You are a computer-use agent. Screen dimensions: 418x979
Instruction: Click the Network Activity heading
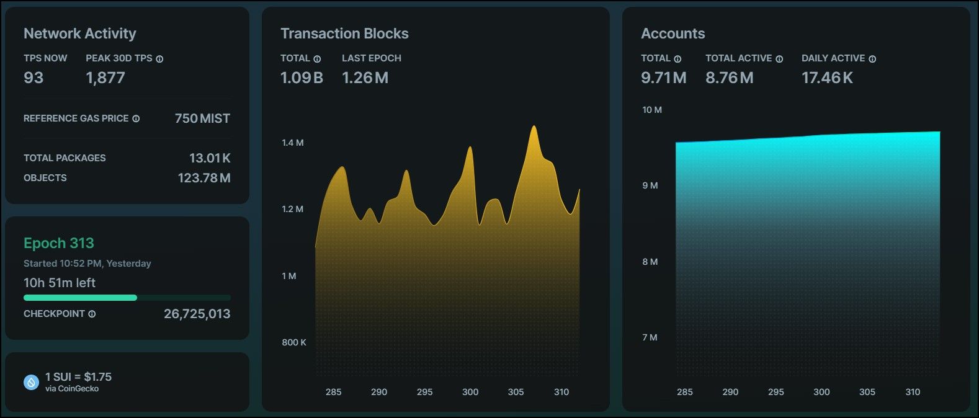pos(79,33)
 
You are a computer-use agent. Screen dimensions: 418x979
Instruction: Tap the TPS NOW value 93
pos(34,78)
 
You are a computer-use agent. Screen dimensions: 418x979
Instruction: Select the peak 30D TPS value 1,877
pos(105,78)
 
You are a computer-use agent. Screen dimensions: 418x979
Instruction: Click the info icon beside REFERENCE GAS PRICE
pos(136,118)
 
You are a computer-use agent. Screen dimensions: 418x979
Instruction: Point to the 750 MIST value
pos(202,118)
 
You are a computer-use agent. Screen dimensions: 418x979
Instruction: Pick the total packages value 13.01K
pos(210,158)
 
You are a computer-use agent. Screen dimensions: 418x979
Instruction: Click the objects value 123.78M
pos(204,178)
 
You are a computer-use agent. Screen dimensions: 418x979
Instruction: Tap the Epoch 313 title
pos(59,243)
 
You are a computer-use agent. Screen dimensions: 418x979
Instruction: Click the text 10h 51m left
pos(60,283)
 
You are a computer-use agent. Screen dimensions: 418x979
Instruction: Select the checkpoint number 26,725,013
pos(197,314)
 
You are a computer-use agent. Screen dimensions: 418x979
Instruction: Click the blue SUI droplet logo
pos(31,382)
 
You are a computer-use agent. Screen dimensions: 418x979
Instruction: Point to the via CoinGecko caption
pos(72,389)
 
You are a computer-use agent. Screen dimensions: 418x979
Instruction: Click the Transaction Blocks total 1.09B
pos(302,78)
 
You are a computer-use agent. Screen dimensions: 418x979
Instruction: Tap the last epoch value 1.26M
pos(365,78)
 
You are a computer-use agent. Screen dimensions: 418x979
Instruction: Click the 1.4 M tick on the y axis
pos(292,143)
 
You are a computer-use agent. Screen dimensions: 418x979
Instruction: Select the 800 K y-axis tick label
pos(294,342)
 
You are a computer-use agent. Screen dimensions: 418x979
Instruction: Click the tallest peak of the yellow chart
pos(534,127)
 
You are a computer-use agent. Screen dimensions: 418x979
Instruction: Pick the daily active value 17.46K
pos(827,78)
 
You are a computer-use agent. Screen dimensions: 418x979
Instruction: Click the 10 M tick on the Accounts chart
pos(651,110)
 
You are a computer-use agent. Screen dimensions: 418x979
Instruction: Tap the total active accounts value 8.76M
pos(729,78)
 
